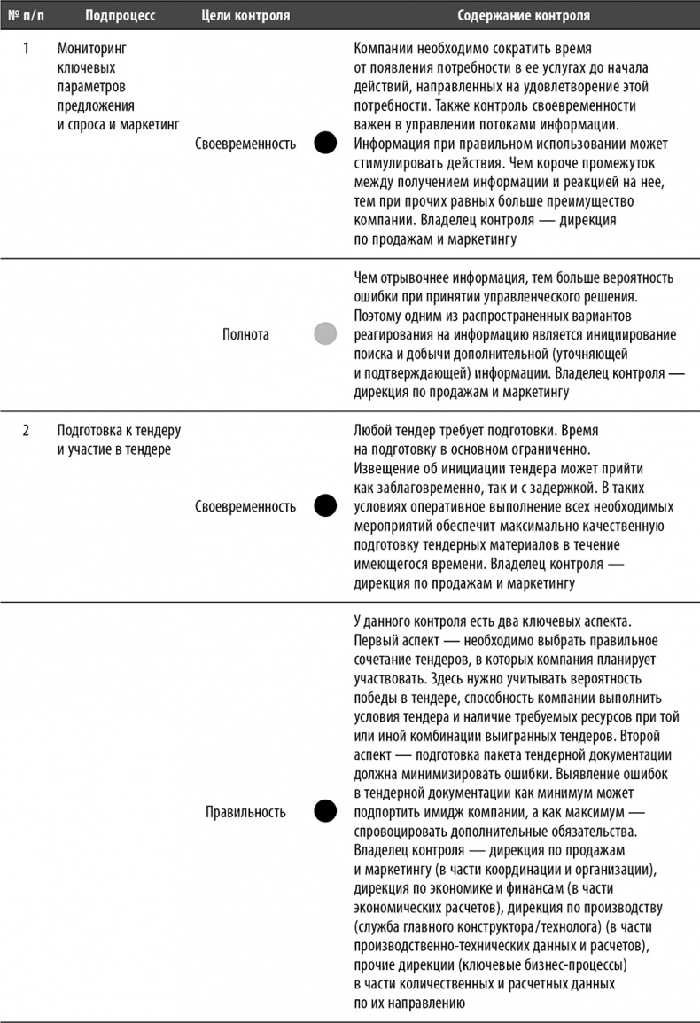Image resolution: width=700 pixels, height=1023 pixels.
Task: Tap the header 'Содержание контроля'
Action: [523, 16]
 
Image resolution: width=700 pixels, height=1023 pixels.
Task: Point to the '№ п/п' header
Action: [27, 16]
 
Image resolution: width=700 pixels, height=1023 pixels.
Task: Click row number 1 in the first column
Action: [26, 48]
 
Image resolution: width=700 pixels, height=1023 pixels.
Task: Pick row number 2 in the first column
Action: [26, 431]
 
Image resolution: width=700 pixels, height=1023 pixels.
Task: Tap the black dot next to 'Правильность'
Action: [325, 810]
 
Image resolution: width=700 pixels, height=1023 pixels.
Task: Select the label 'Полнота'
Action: [245, 334]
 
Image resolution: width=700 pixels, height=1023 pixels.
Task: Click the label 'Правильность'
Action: [245, 810]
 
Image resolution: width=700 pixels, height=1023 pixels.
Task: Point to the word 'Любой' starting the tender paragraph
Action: [372, 431]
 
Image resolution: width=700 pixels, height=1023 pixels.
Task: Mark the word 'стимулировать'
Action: [394, 162]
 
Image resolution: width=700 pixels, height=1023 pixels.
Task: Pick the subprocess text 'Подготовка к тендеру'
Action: [119, 431]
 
